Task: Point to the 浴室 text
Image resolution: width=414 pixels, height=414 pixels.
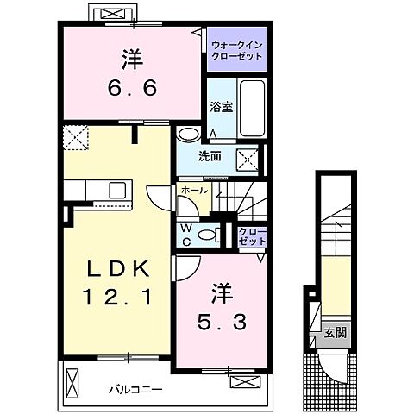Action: tap(222, 108)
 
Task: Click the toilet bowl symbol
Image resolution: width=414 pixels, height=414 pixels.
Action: tap(207, 234)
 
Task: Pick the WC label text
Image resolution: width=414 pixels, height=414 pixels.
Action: tap(185, 233)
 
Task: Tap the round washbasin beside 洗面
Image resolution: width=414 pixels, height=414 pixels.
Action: tap(186, 136)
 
